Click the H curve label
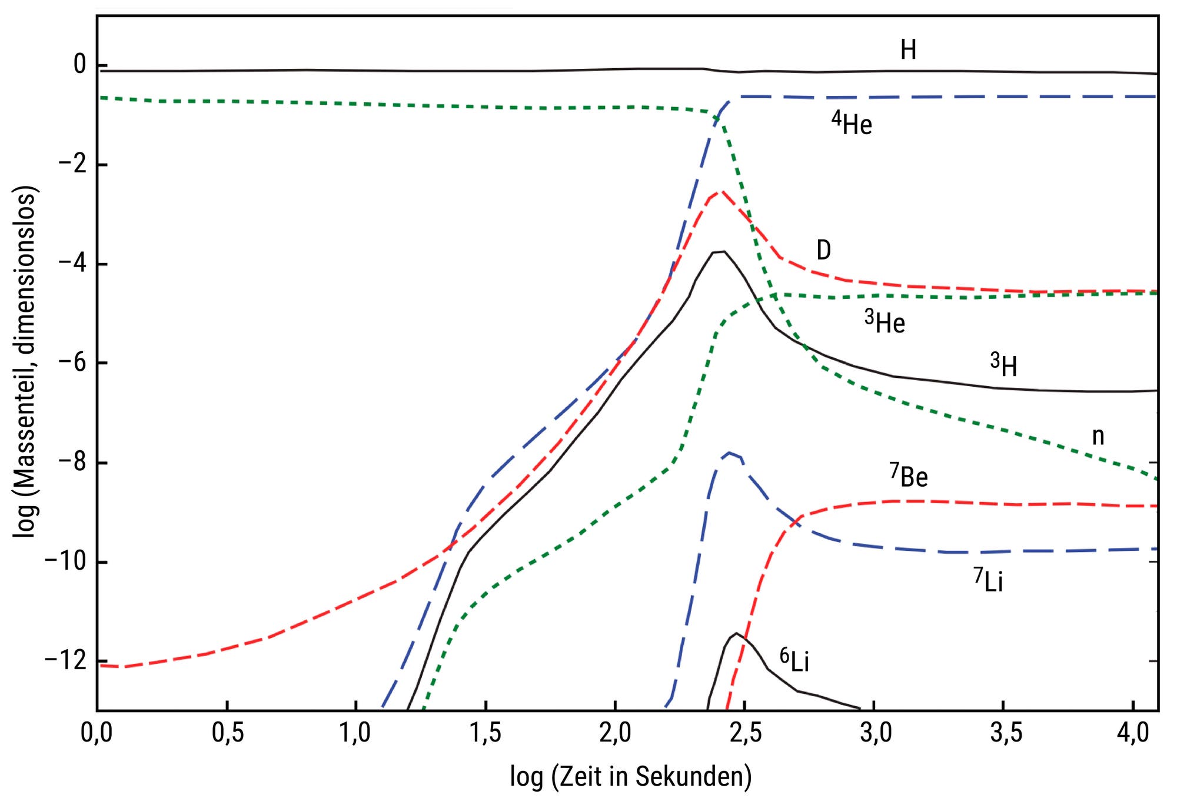tap(908, 51)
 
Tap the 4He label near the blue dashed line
tap(852, 124)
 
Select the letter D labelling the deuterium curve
tap(823, 251)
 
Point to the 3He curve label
tap(885, 322)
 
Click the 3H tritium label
tap(1003, 365)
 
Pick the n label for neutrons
tap(1098, 436)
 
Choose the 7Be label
tap(909, 476)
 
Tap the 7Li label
tap(988, 581)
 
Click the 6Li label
tap(794, 661)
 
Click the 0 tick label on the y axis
tap(80, 65)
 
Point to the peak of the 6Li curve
tap(736, 634)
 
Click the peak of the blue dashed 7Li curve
tap(730, 453)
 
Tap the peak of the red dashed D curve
tap(721, 191)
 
